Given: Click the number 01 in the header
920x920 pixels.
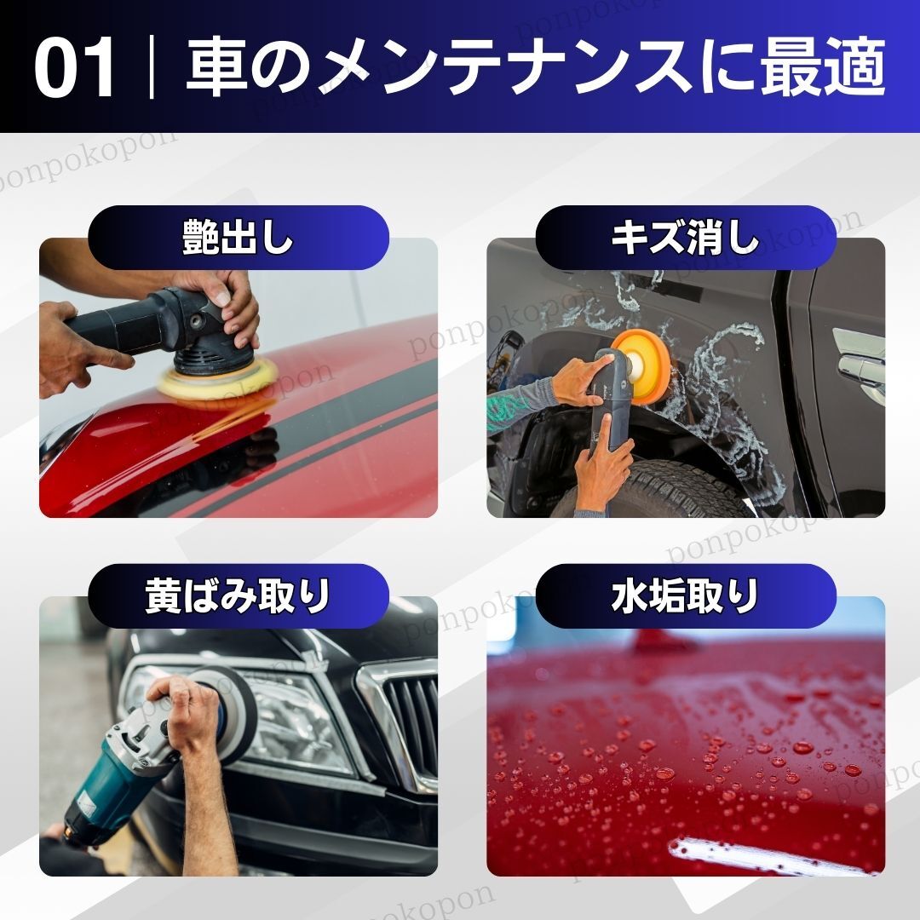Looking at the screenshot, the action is pos(74,67).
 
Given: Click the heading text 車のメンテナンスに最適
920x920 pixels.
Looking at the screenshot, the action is pos(536,67).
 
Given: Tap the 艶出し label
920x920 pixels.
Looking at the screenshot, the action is pos(238,238).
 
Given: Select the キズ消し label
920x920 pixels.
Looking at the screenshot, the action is pos(685,238).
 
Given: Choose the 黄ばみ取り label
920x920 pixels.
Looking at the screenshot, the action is pos(238,596).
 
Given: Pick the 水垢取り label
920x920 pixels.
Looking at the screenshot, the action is pos(685,596).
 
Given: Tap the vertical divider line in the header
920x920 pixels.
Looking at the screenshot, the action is pos(152,67).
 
